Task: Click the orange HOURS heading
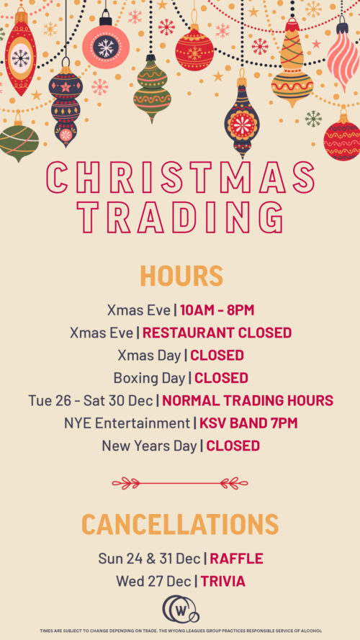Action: [181, 276]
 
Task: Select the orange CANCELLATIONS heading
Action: [180, 524]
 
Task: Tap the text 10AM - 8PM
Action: [217, 310]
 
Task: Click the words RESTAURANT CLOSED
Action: [217, 333]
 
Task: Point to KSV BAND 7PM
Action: [248, 423]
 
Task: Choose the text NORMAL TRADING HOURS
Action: [248, 400]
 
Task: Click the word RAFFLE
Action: [236, 559]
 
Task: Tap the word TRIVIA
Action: [223, 581]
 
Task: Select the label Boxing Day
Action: [149, 379]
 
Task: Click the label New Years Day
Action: [149, 446]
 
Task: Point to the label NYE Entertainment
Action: [127, 423]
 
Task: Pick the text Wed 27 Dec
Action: [153, 581]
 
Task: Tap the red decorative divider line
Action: [180, 483]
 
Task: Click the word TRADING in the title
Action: [181, 218]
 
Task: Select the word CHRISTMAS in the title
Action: [181, 178]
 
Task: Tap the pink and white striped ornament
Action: [343, 53]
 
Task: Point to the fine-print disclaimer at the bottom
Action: [181, 631]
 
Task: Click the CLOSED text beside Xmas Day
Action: [217, 356]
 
